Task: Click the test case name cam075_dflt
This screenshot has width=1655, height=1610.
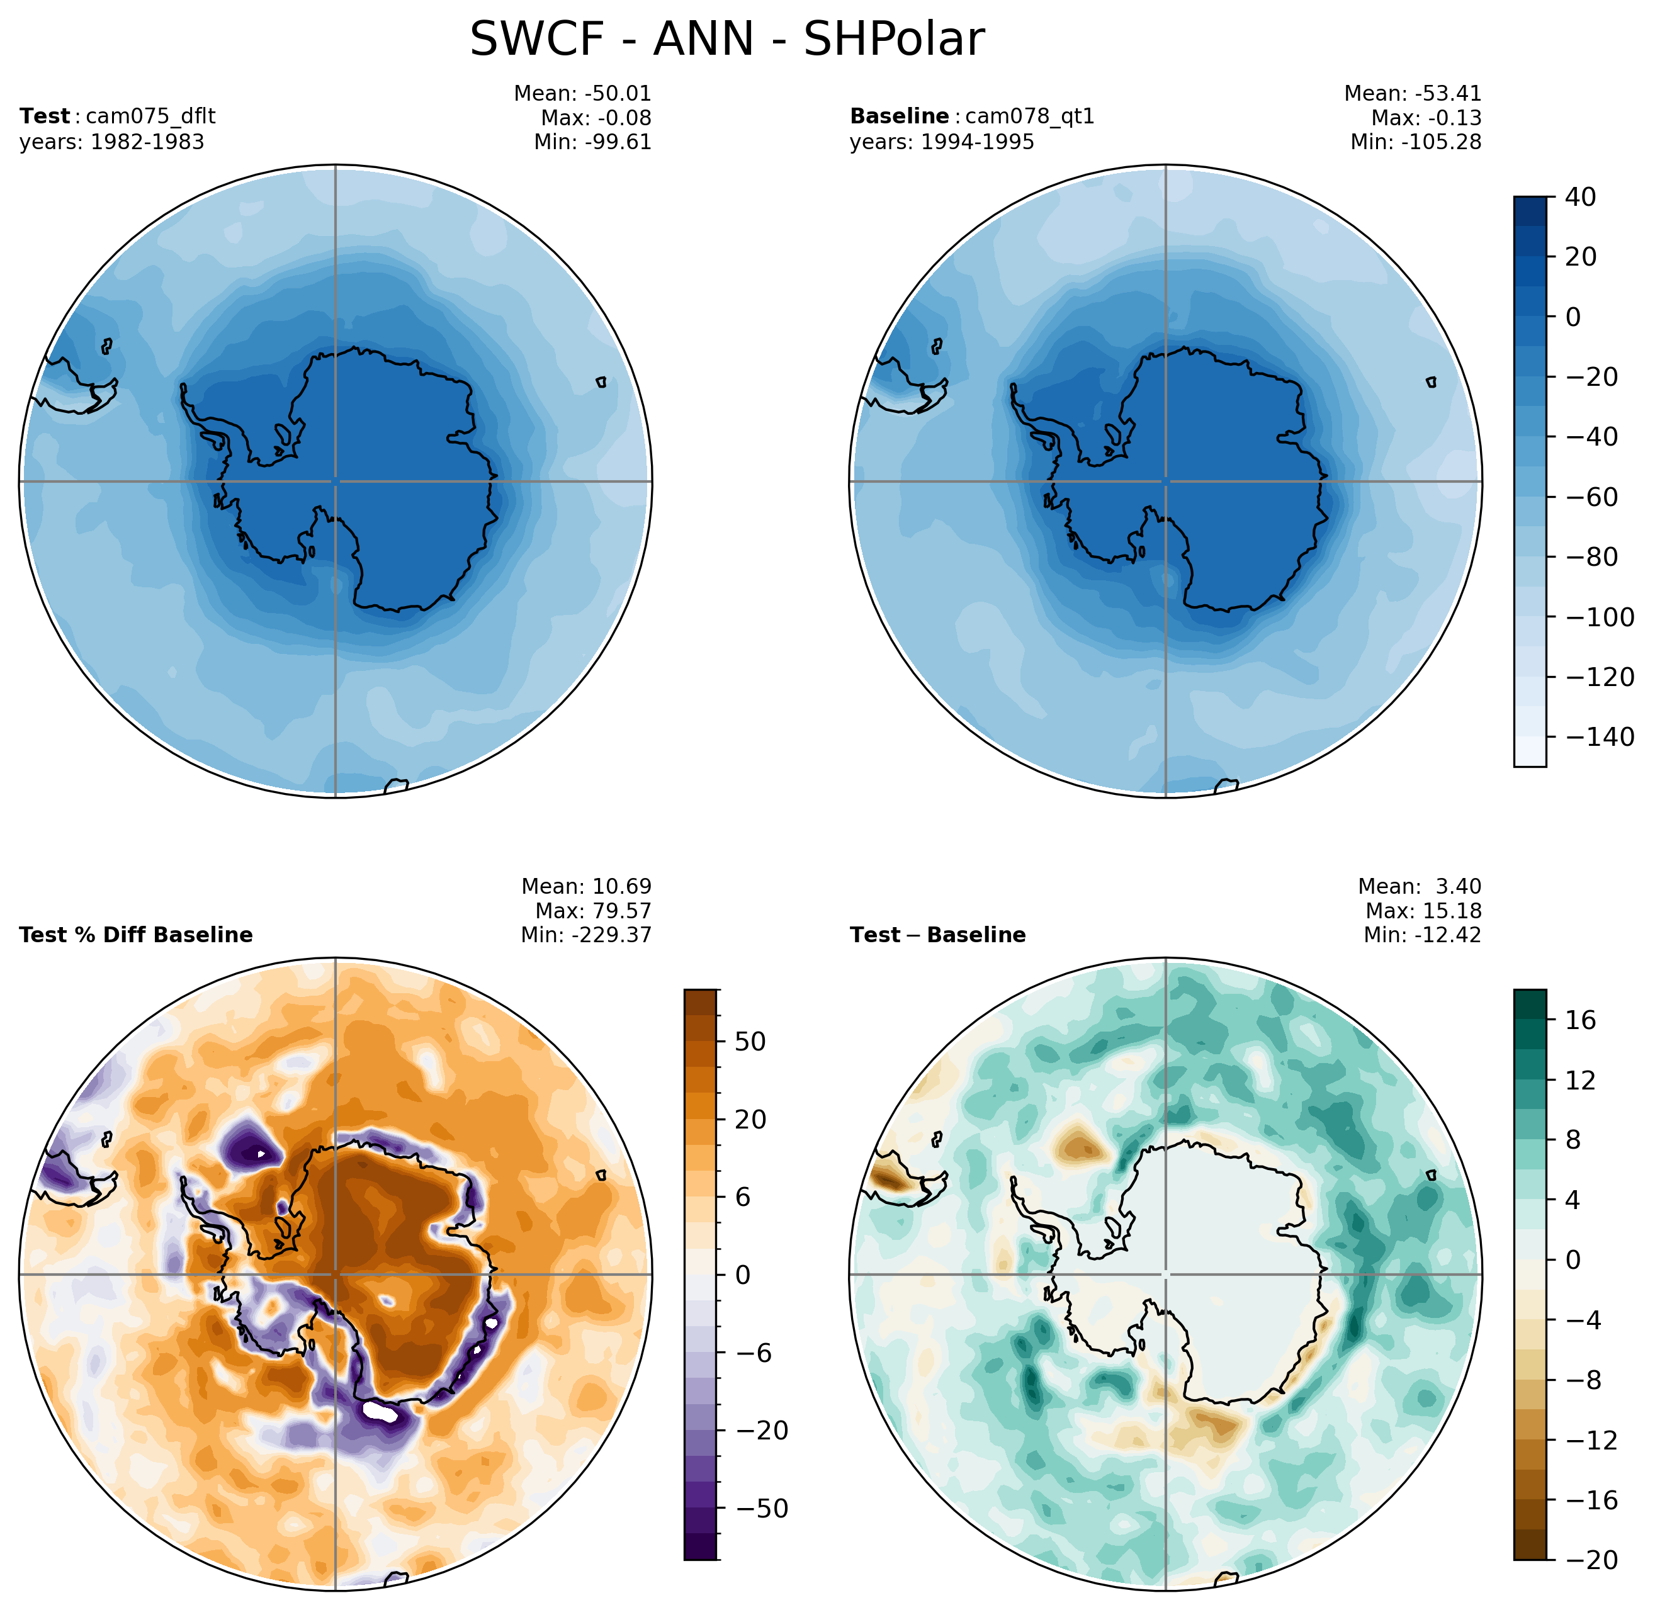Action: coord(150,116)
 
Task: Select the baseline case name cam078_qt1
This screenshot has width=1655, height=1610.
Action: coord(1029,116)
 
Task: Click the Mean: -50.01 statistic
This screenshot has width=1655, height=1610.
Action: coord(583,94)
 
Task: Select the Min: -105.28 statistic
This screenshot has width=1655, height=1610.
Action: coord(1416,142)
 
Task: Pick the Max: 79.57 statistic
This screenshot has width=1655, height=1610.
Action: coord(593,911)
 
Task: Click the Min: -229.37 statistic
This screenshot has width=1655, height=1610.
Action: coord(586,935)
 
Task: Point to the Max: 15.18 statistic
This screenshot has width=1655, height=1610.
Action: coord(1423,911)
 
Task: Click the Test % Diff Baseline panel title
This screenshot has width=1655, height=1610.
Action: coord(135,935)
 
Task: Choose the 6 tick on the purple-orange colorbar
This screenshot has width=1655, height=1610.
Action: coord(742,1197)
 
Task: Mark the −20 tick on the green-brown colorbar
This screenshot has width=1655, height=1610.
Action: coord(1589,1560)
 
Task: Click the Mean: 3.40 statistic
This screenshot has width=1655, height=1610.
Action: coord(1420,886)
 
